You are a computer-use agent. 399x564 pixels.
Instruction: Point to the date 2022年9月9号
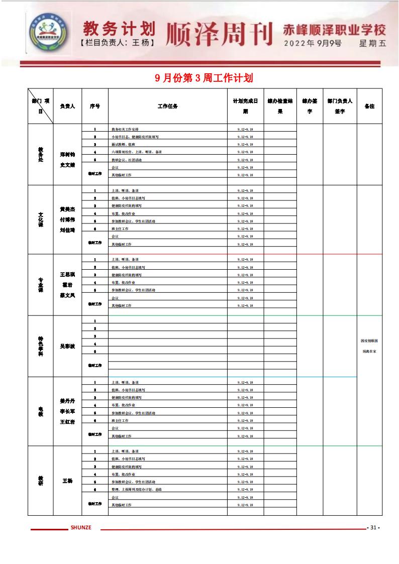click(x=313, y=43)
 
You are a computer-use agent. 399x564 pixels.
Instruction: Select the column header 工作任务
click(x=167, y=106)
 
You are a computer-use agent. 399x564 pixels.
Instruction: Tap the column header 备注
click(x=369, y=106)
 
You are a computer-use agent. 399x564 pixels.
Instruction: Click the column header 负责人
click(x=67, y=106)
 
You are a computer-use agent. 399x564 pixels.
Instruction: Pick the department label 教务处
click(x=41, y=154)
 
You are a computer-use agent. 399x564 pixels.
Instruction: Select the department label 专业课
click(x=41, y=285)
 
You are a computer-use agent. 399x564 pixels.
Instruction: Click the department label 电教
click(x=41, y=411)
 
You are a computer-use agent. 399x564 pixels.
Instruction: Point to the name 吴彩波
click(x=67, y=346)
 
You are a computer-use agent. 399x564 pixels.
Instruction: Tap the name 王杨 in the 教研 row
click(x=67, y=481)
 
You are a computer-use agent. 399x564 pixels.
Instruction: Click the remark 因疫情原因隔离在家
click(x=369, y=346)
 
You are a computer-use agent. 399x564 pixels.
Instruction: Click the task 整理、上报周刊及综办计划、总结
click(x=136, y=489)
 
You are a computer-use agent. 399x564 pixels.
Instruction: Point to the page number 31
click(x=373, y=527)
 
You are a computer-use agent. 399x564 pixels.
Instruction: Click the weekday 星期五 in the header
click(x=372, y=43)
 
